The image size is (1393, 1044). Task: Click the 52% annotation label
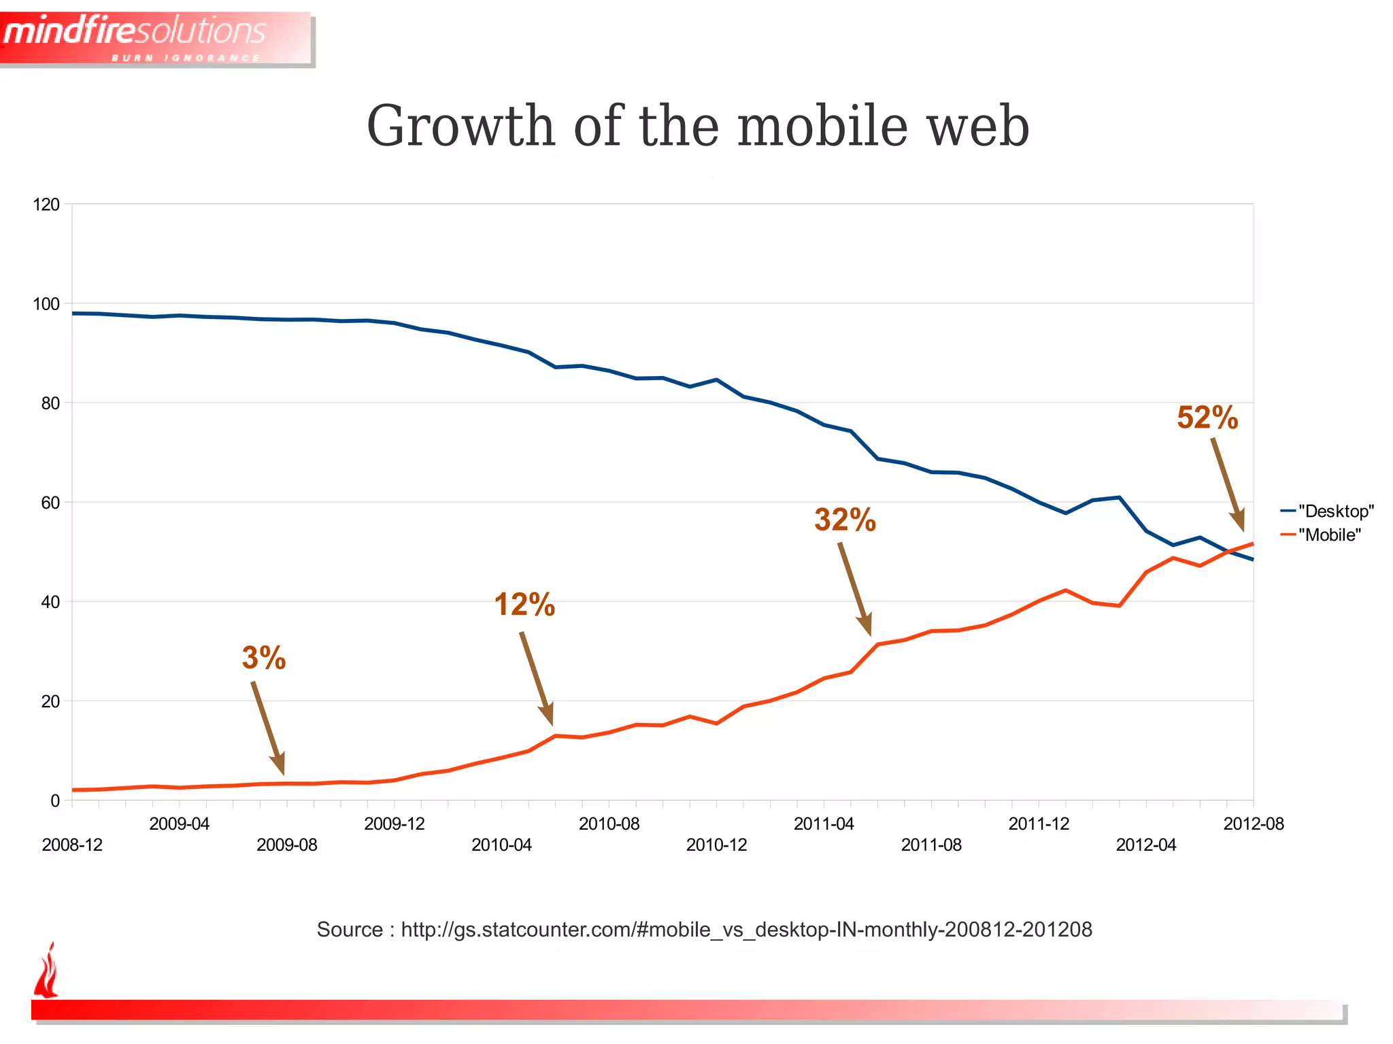tap(1207, 418)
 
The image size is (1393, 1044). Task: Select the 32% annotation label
tap(845, 520)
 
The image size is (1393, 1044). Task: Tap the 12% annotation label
tap(524, 605)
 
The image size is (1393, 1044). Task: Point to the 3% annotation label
tap(264, 658)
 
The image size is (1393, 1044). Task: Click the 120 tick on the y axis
tap(46, 205)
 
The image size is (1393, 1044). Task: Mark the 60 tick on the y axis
tap(50, 503)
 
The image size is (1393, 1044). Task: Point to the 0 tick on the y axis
tap(55, 801)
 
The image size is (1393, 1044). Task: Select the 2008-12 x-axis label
tap(72, 845)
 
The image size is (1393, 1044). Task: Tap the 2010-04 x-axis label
tap(501, 845)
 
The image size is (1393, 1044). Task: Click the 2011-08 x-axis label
tap(931, 845)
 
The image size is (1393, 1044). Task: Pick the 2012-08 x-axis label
tap(1253, 824)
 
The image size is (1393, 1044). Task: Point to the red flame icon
tap(46, 971)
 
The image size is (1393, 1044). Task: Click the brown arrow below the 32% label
tap(855, 588)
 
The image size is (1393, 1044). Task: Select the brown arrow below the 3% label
tap(268, 728)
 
